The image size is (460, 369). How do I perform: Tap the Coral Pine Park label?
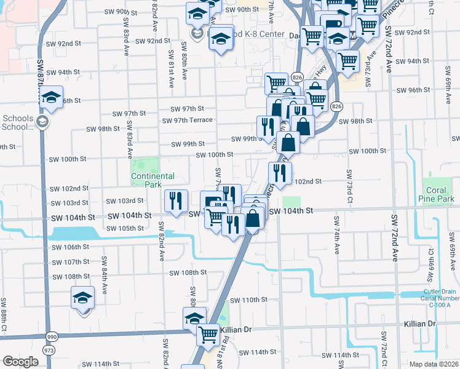437,195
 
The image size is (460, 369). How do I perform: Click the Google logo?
20,362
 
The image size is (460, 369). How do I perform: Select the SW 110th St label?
249,300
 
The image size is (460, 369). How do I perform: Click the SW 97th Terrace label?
188,120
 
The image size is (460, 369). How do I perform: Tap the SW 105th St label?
126,229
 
